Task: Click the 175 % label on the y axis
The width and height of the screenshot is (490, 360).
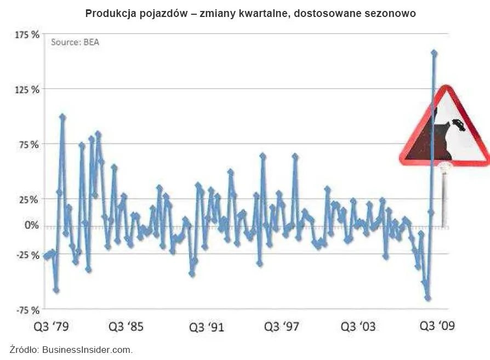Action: tap(27, 35)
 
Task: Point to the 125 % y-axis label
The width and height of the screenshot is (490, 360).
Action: tap(27, 89)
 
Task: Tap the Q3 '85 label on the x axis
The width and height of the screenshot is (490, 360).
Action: tap(126, 327)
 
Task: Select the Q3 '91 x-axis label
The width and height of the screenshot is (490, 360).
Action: tap(207, 328)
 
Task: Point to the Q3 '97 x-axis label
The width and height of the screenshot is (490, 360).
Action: tap(282, 327)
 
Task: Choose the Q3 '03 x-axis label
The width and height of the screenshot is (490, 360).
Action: tap(358, 327)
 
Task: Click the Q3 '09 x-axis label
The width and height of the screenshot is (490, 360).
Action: tap(437, 327)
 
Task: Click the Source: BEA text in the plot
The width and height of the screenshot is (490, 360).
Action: tap(75, 42)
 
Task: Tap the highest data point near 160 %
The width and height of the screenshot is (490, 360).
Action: tap(434, 53)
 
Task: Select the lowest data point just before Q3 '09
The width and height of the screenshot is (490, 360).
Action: tap(428, 298)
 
